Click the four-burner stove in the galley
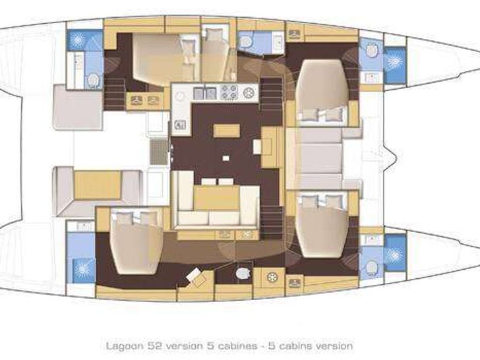point(229,92)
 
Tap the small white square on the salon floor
point(226,158)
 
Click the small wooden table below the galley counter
point(226,131)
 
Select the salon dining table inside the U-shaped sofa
point(216,198)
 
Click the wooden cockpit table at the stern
point(98,185)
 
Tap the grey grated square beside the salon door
point(159,152)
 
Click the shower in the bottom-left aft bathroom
point(82,270)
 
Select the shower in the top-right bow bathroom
point(395,61)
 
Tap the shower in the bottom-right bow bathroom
point(395,253)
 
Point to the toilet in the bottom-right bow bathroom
point(371,266)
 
